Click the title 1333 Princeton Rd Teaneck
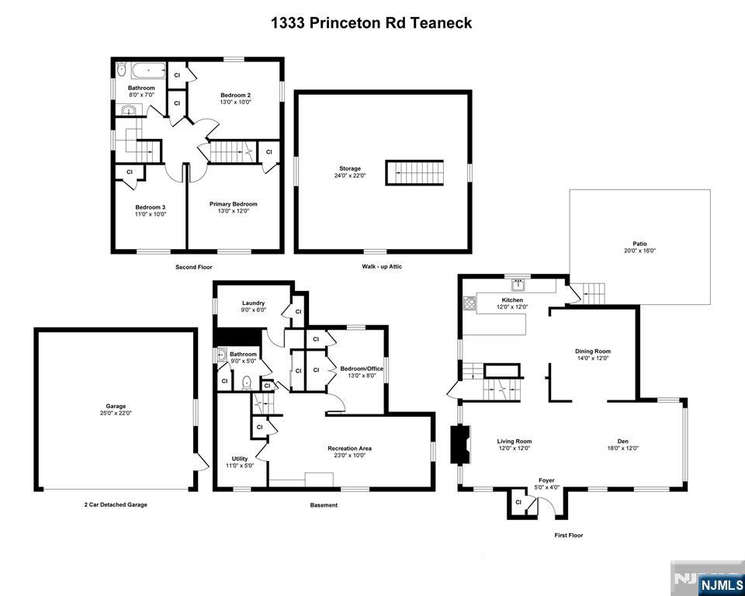[x=372, y=23]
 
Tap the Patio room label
[x=639, y=244]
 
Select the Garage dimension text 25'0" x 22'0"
[x=116, y=413]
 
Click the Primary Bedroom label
[x=234, y=204]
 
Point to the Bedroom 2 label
[x=236, y=95]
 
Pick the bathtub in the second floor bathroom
[x=149, y=71]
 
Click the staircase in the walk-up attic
[x=414, y=172]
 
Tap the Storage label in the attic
[x=350, y=168]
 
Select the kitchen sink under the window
[x=518, y=285]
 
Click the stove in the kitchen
[x=470, y=303]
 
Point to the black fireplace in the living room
[x=459, y=444]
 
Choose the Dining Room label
[x=592, y=352]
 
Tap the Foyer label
[x=546, y=480]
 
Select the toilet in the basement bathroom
[x=247, y=383]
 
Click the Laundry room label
[x=253, y=303]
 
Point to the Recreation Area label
[x=350, y=449]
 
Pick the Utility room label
[x=240, y=459]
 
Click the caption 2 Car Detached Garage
[x=116, y=504]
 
